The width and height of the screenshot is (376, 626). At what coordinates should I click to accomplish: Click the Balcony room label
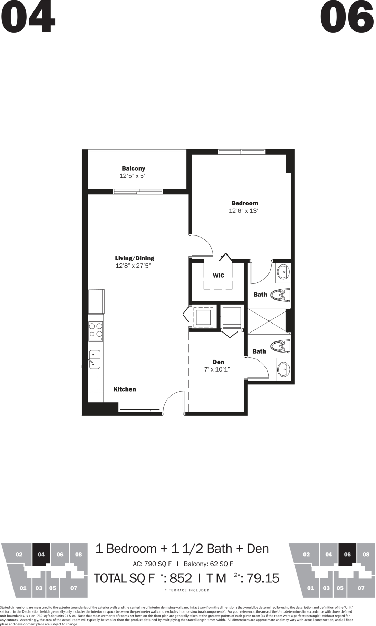(133, 168)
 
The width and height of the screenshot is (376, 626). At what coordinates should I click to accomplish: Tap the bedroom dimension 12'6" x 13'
(243, 211)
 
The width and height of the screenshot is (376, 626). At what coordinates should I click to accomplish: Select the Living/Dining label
(135, 258)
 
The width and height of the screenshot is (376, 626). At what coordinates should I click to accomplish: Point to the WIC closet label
(219, 276)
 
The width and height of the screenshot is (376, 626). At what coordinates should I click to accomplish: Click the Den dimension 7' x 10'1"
(217, 369)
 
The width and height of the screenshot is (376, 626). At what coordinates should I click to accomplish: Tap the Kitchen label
(125, 389)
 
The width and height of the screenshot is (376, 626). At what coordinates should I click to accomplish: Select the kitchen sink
(95, 359)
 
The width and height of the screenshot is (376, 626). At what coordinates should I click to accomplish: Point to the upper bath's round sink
(283, 272)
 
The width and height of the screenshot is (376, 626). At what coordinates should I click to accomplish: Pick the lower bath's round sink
(283, 369)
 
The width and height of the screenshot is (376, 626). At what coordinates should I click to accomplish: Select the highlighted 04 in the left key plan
(41, 555)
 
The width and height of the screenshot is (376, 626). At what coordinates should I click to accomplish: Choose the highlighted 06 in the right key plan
(347, 555)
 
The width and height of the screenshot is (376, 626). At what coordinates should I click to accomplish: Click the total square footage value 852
(181, 578)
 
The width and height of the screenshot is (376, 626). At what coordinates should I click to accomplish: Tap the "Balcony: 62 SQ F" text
(209, 564)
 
